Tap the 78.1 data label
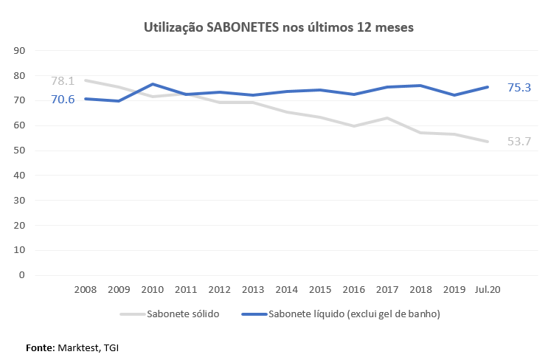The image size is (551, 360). (x=63, y=81)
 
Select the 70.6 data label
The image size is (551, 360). (x=63, y=99)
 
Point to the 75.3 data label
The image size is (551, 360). (x=519, y=87)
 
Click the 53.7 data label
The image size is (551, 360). (x=519, y=141)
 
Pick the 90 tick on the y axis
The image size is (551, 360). (x=20, y=51)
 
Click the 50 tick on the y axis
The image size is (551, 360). (x=20, y=150)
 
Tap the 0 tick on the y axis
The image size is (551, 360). (x=23, y=275)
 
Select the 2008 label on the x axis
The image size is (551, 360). (x=86, y=291)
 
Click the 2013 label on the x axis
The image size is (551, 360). (x=252, y=291)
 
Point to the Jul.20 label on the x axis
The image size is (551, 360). (x=488, y=291)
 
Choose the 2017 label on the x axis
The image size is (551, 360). (x=387, y=291)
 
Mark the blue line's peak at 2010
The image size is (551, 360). (x=153, y=84)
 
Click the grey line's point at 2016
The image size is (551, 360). (x=354, y=126)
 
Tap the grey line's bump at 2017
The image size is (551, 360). (x=387, y=118)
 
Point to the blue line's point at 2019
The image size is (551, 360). (x=454, y=95)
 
